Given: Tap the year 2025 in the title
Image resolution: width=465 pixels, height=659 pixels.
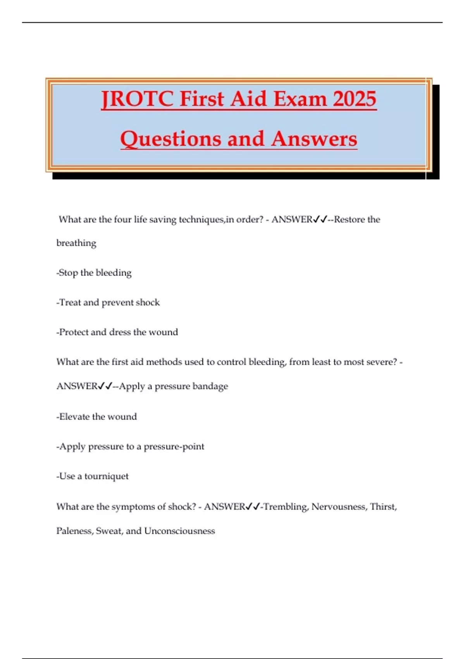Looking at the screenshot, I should [355, 99].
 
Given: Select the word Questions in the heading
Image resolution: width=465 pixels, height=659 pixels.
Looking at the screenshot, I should [171, 139].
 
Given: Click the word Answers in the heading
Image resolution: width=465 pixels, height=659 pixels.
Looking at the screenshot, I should [314, 139].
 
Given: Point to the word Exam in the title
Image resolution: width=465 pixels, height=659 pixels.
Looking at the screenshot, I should [300, 99].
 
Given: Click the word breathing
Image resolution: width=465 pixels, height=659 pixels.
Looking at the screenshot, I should [76, 243].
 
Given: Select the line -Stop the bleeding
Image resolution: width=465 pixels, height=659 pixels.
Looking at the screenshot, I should [94, 273].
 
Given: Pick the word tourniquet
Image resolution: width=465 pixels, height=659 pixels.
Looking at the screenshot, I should [106, 476].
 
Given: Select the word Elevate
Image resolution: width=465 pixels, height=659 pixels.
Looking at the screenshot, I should [74, 417].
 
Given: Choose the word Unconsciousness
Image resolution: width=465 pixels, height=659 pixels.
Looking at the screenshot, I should [179, 531].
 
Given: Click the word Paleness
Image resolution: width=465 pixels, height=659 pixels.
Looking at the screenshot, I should [74, 531].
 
